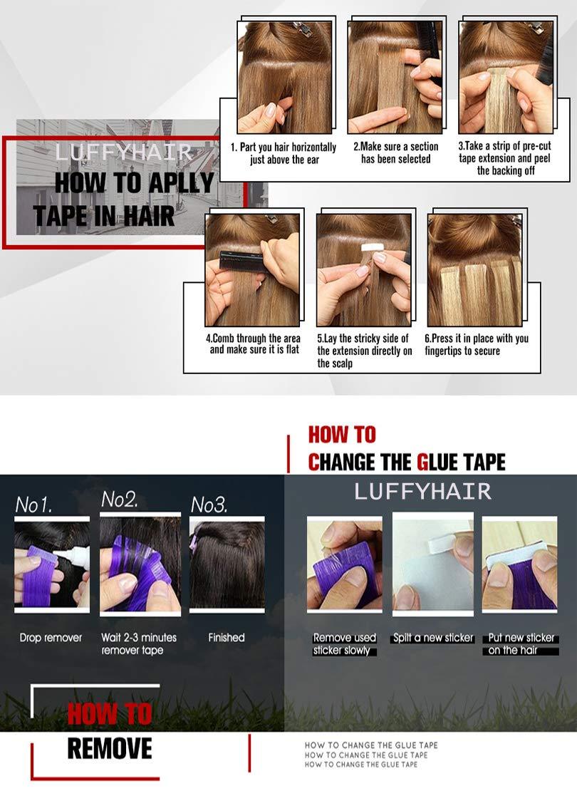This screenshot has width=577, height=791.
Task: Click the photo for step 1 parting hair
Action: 284,77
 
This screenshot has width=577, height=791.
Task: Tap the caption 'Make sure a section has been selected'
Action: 395,153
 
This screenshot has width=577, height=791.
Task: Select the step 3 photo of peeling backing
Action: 506,77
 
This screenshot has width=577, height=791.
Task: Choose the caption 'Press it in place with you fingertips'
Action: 476,345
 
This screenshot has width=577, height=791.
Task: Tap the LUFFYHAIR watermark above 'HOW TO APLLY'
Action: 123,152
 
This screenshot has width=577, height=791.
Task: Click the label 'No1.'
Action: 34,505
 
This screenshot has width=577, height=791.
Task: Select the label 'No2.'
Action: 120,500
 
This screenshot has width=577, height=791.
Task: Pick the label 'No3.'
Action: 209,505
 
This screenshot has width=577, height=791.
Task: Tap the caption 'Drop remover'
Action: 51,638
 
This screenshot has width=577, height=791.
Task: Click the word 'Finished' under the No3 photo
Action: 227,638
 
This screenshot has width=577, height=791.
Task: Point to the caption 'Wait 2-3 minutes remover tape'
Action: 138,643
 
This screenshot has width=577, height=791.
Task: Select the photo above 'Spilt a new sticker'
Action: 432,562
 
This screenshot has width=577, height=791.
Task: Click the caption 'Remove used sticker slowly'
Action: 345,644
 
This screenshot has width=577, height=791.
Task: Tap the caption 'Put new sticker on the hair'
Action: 521,644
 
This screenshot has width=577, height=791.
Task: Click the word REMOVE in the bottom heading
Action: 110,748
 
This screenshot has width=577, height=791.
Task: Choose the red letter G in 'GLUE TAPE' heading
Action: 423,462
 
